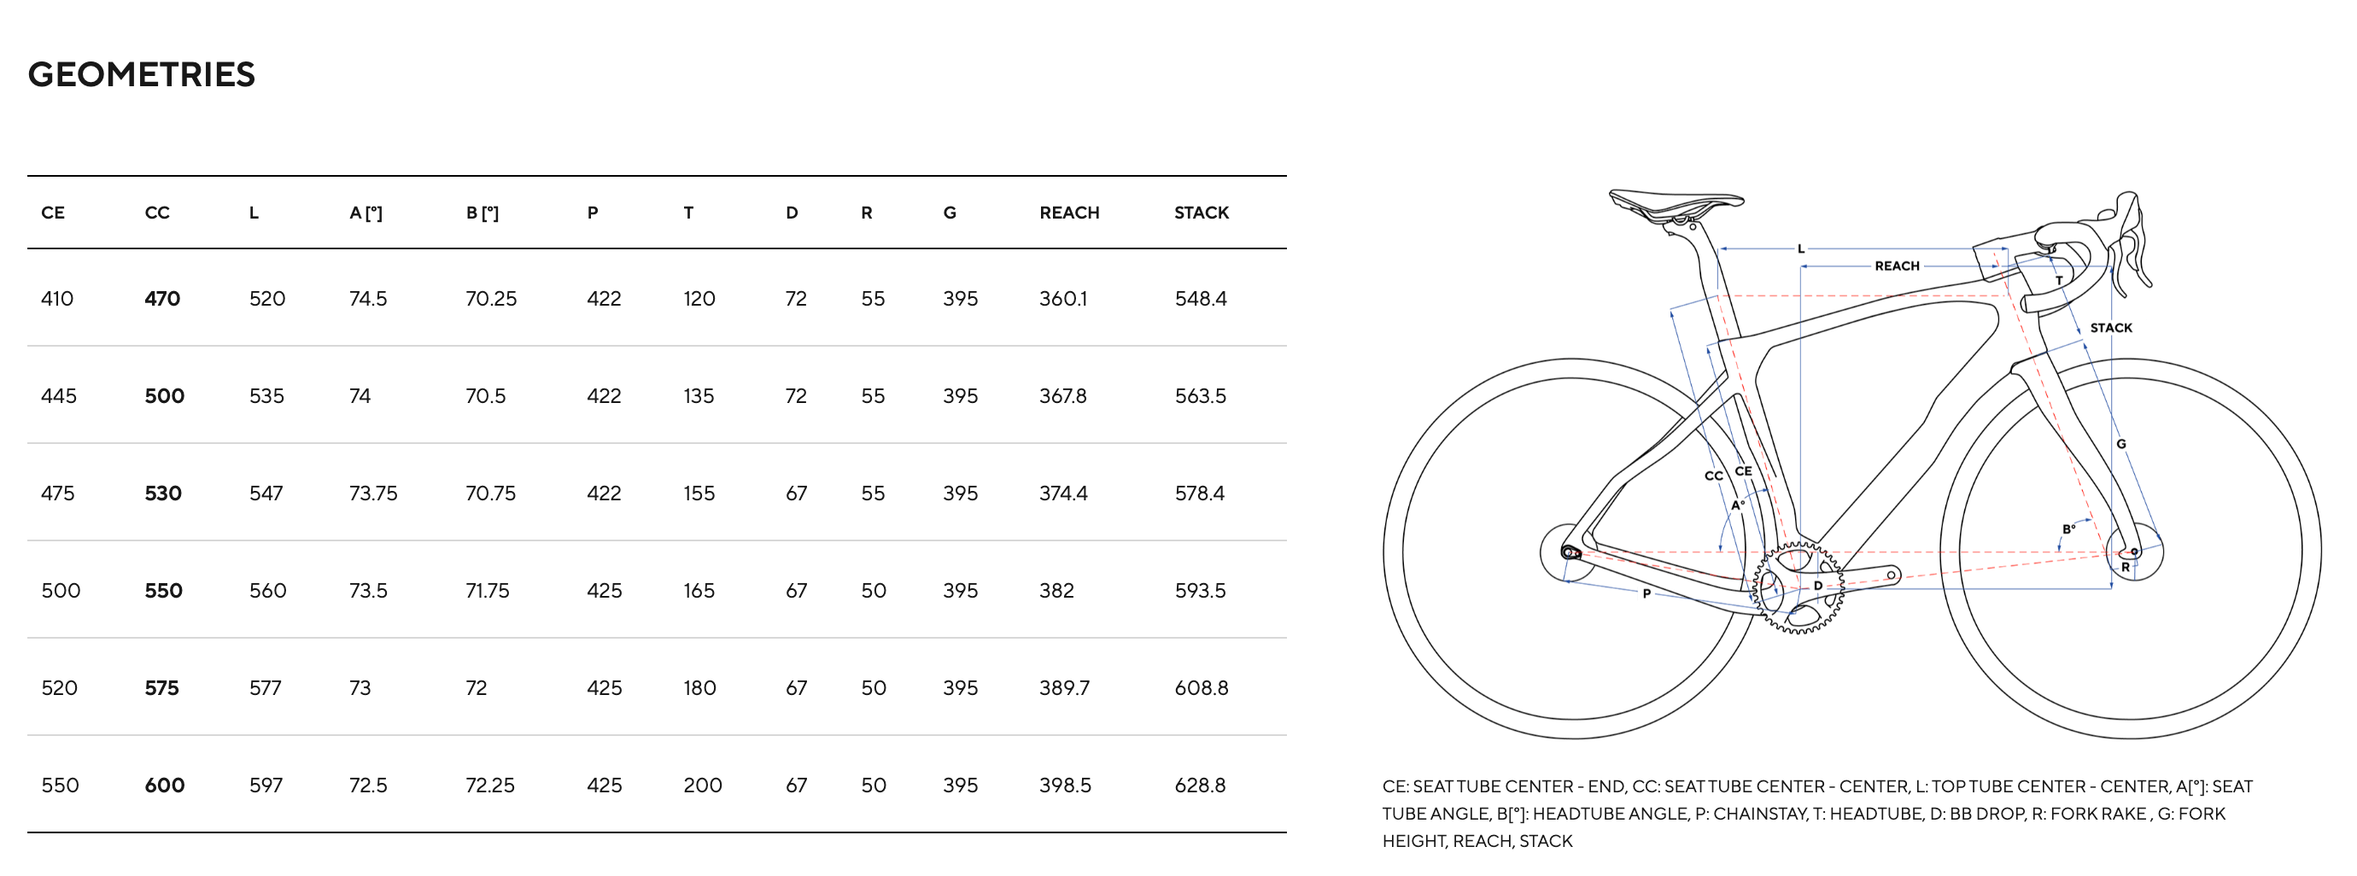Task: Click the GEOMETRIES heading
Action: coord(142,75)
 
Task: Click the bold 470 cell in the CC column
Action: coord(162,299)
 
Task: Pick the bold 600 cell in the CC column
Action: coord(165,785)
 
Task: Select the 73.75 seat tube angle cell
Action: coord(373,493)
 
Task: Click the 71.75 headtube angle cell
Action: coord(488,591)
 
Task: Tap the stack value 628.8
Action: coord(1201,785)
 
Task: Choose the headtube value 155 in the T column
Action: coord(699,493)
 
